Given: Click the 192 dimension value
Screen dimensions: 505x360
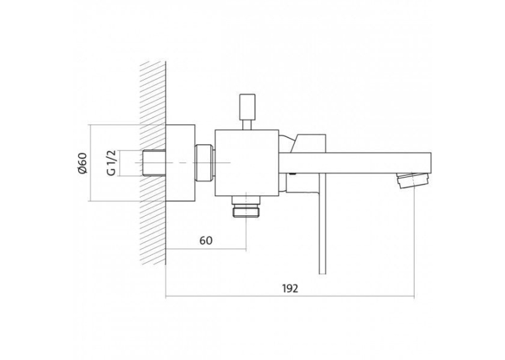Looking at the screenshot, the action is [290, 289].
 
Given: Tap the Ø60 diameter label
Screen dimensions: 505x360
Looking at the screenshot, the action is [83, 162].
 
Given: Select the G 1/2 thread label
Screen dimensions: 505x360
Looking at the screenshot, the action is [112, 162].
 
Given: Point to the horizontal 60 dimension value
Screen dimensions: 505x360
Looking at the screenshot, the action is [206, 240].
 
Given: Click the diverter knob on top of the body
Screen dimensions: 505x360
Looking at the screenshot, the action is [248, 106].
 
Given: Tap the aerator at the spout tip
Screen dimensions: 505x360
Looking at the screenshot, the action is [413, 180].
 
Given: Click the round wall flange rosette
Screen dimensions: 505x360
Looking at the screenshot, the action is [180, 163].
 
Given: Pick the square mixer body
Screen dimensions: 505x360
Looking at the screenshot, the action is [247, 162].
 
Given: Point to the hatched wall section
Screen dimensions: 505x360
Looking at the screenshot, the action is [153, 162].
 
